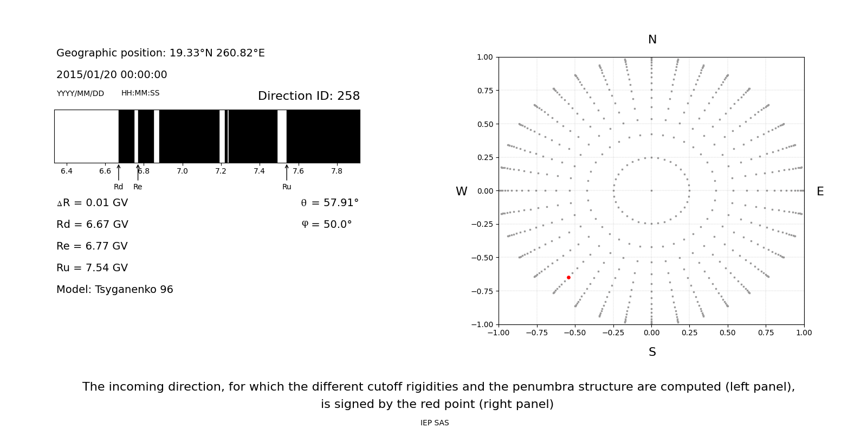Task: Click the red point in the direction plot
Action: [x=568, y=277]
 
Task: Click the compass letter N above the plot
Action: [x=652, y=40]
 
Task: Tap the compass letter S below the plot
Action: [x=652, y=352]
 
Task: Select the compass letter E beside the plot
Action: [x=820, y=192]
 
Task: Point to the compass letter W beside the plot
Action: [x=461, y=192]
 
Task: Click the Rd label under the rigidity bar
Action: [x=118, y=187]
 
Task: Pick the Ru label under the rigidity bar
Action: [x=287, y=187]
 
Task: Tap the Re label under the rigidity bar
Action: [x=138, y=187]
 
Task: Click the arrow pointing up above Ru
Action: [x=287, y=173]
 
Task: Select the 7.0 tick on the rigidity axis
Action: [x=182, y=171]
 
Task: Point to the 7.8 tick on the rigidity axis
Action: [x=337, y=171]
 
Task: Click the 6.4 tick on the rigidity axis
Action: [x=66, y=171]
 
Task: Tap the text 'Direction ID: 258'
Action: [x=308, y=96]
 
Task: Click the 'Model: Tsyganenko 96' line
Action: [x=114, y=290]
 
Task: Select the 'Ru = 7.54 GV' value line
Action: [x=92, y=268]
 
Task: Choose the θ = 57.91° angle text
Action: [x=329, y=203]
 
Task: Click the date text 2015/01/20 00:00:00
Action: [x=112, y=75]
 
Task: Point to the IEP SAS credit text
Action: [x=434, y=423]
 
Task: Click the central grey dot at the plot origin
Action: [x=651, y=190]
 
